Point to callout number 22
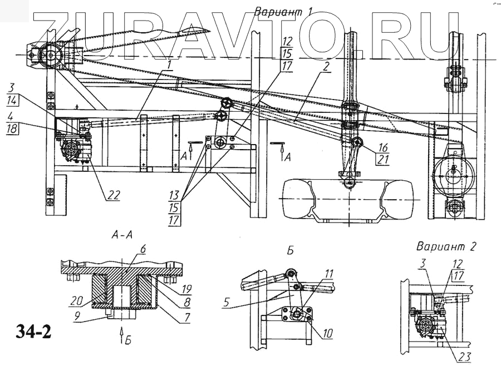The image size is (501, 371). (113, 195)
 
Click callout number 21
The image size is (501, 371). (381, 160)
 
